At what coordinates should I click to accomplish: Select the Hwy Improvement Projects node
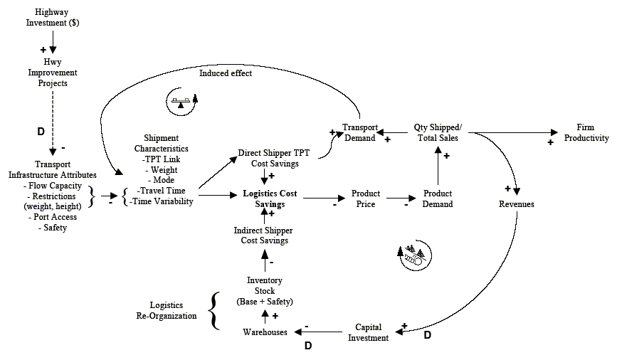52,73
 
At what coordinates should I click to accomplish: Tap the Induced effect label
226,73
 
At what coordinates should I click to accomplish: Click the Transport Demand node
359,132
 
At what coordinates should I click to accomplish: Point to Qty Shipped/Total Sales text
437,132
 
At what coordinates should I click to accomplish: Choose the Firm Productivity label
586,132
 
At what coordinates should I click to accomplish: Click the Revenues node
517,204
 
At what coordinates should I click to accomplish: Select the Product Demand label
438,198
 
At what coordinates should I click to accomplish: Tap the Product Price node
366,198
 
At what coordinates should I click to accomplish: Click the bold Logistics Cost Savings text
270,198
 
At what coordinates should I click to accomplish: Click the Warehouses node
265,332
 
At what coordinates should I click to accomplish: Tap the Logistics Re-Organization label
173,311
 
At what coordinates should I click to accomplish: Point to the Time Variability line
163,201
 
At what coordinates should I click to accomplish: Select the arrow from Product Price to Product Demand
401,198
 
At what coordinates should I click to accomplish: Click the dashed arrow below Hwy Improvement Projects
53,121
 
